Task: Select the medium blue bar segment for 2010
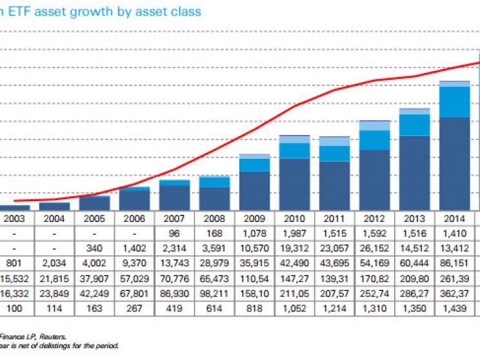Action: (295, 150)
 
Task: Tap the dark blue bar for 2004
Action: (55, 206)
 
